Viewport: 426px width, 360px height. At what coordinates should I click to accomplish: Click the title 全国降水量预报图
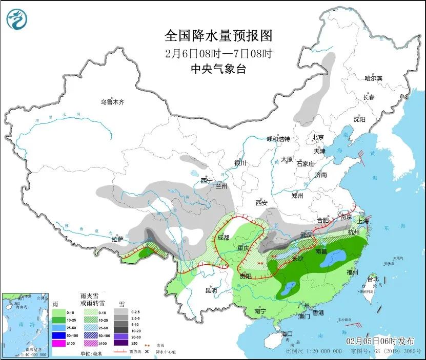(x=218, y=35)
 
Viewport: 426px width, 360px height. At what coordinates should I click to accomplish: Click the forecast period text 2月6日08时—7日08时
(x=218, y=53)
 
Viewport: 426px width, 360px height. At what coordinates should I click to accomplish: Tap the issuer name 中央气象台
(x=218, y=69)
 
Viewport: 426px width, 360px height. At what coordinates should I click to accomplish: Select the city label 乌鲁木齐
(x=112, y=102)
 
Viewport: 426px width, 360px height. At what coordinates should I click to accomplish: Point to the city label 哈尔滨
(x=373, y=78)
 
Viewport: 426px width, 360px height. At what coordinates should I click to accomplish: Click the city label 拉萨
(x=117, y=239)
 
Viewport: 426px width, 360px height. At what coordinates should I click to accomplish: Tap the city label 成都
(x=223, y=238)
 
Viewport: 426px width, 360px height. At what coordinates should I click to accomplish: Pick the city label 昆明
(x=211, y=290)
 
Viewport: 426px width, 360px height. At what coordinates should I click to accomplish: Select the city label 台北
(x=373, y=279)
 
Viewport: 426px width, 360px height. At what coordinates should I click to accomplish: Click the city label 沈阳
(x=359, y=119)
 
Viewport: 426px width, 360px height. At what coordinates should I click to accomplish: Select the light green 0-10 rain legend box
(x=59, y=312)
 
